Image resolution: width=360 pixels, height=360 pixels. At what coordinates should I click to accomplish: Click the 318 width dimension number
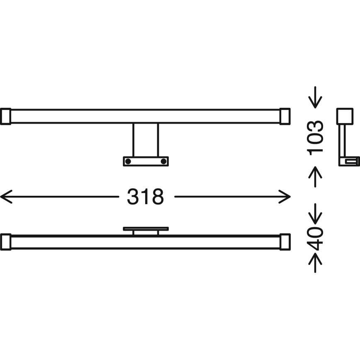coord(146,197)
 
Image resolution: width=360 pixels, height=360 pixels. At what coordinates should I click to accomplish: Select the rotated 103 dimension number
coord(316,137)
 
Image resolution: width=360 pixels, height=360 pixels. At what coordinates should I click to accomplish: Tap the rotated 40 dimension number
coord(316,238)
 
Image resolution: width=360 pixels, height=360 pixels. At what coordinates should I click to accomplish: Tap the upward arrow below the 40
coord(316,263)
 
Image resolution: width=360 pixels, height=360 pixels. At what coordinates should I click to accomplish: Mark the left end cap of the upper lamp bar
coord(5,116)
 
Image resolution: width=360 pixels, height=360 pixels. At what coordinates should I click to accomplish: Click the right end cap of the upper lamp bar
coord(285,116)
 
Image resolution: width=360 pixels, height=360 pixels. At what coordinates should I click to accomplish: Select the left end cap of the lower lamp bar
coord(5,242)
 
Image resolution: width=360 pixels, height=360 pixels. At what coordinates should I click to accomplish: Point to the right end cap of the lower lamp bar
coord(285,242)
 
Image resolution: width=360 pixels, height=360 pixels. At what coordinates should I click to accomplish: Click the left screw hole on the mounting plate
coord(128,161)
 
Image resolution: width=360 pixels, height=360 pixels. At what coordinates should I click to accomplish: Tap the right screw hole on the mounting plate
coord(163,161)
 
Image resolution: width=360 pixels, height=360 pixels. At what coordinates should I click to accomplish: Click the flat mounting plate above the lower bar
coord(146,229)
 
